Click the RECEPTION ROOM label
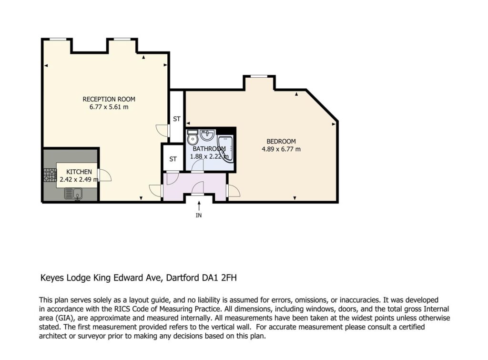click(x=109, y=99)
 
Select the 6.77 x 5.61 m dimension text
click(x=109, y=107)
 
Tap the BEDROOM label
click(x=281, y=142)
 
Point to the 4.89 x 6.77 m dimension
click(x=281, y=149)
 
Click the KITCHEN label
click(x=79, y=172)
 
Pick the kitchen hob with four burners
click(x=50, y=175)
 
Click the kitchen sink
click(x=73, y=194)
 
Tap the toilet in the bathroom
click(x=193, y=137)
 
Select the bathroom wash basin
click(x=207, y=135)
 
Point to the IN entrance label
click(x=199, y=215)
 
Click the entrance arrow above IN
click(x=199, y=206)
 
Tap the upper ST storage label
click(x=177, y=119)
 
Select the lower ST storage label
click(x=173, y=159)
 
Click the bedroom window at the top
click(x=259, y=76)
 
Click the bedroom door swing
click(x=234, y=190)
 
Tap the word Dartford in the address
click(x=182, y=278)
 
